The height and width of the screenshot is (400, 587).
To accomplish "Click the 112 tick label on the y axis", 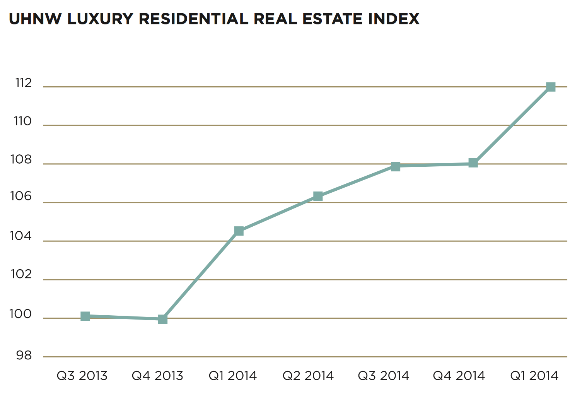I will [x=24, y=83].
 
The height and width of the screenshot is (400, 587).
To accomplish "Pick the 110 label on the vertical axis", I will [x=23, y=121].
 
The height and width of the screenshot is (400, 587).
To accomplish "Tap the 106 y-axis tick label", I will [x=21, y=197].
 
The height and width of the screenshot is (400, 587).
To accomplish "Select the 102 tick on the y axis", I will [x=21, y=274].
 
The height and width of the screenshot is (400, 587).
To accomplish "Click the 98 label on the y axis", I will [x=24, y=356].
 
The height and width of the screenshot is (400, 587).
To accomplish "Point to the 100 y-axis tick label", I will [x=21, y=314].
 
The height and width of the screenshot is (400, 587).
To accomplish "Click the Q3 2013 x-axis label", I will [x=82, y=376].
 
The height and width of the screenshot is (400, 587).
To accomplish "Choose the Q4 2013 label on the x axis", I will [x=157, y=376].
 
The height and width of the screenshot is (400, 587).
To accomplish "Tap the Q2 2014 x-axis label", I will [x=308, y=376].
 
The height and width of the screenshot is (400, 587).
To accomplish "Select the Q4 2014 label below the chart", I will [x=459, y=376].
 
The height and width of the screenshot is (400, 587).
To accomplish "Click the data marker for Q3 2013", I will [x=85, y=316].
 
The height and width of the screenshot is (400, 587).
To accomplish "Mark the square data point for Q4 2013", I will [x=163, y=319].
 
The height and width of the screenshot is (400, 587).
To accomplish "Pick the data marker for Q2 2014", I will [x=318, y=196].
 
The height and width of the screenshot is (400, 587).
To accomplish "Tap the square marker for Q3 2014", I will [x=395, y=167].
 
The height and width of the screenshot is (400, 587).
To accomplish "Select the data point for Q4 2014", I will [x=473, y=163].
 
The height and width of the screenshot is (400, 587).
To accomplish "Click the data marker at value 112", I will [x=551, y=87].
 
